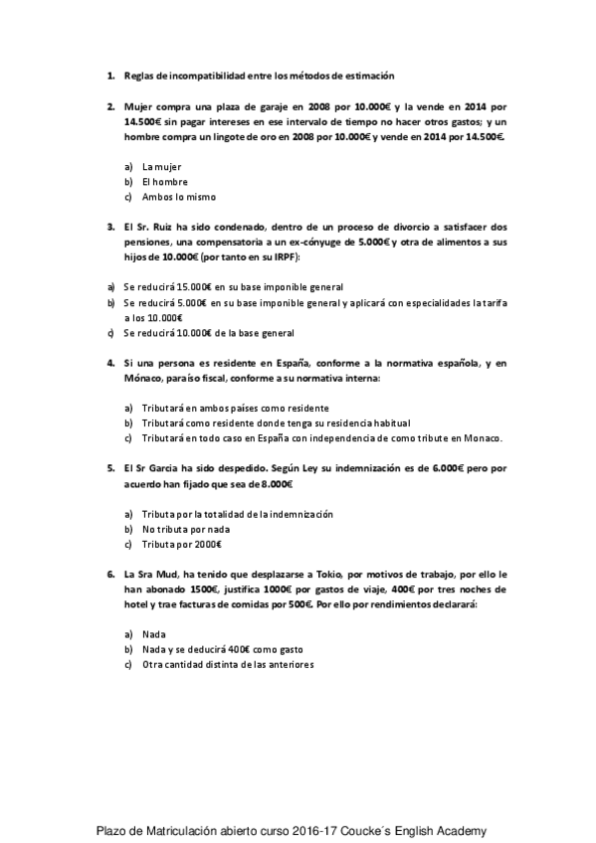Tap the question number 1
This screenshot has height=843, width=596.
point(109,75)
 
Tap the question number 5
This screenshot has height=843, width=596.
point(109,467)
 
